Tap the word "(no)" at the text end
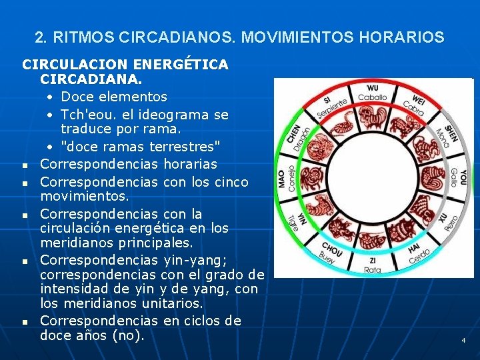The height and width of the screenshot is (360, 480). click(127, 335)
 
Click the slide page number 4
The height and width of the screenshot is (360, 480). click(463, 341)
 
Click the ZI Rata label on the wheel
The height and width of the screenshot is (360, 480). click(372, 265)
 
